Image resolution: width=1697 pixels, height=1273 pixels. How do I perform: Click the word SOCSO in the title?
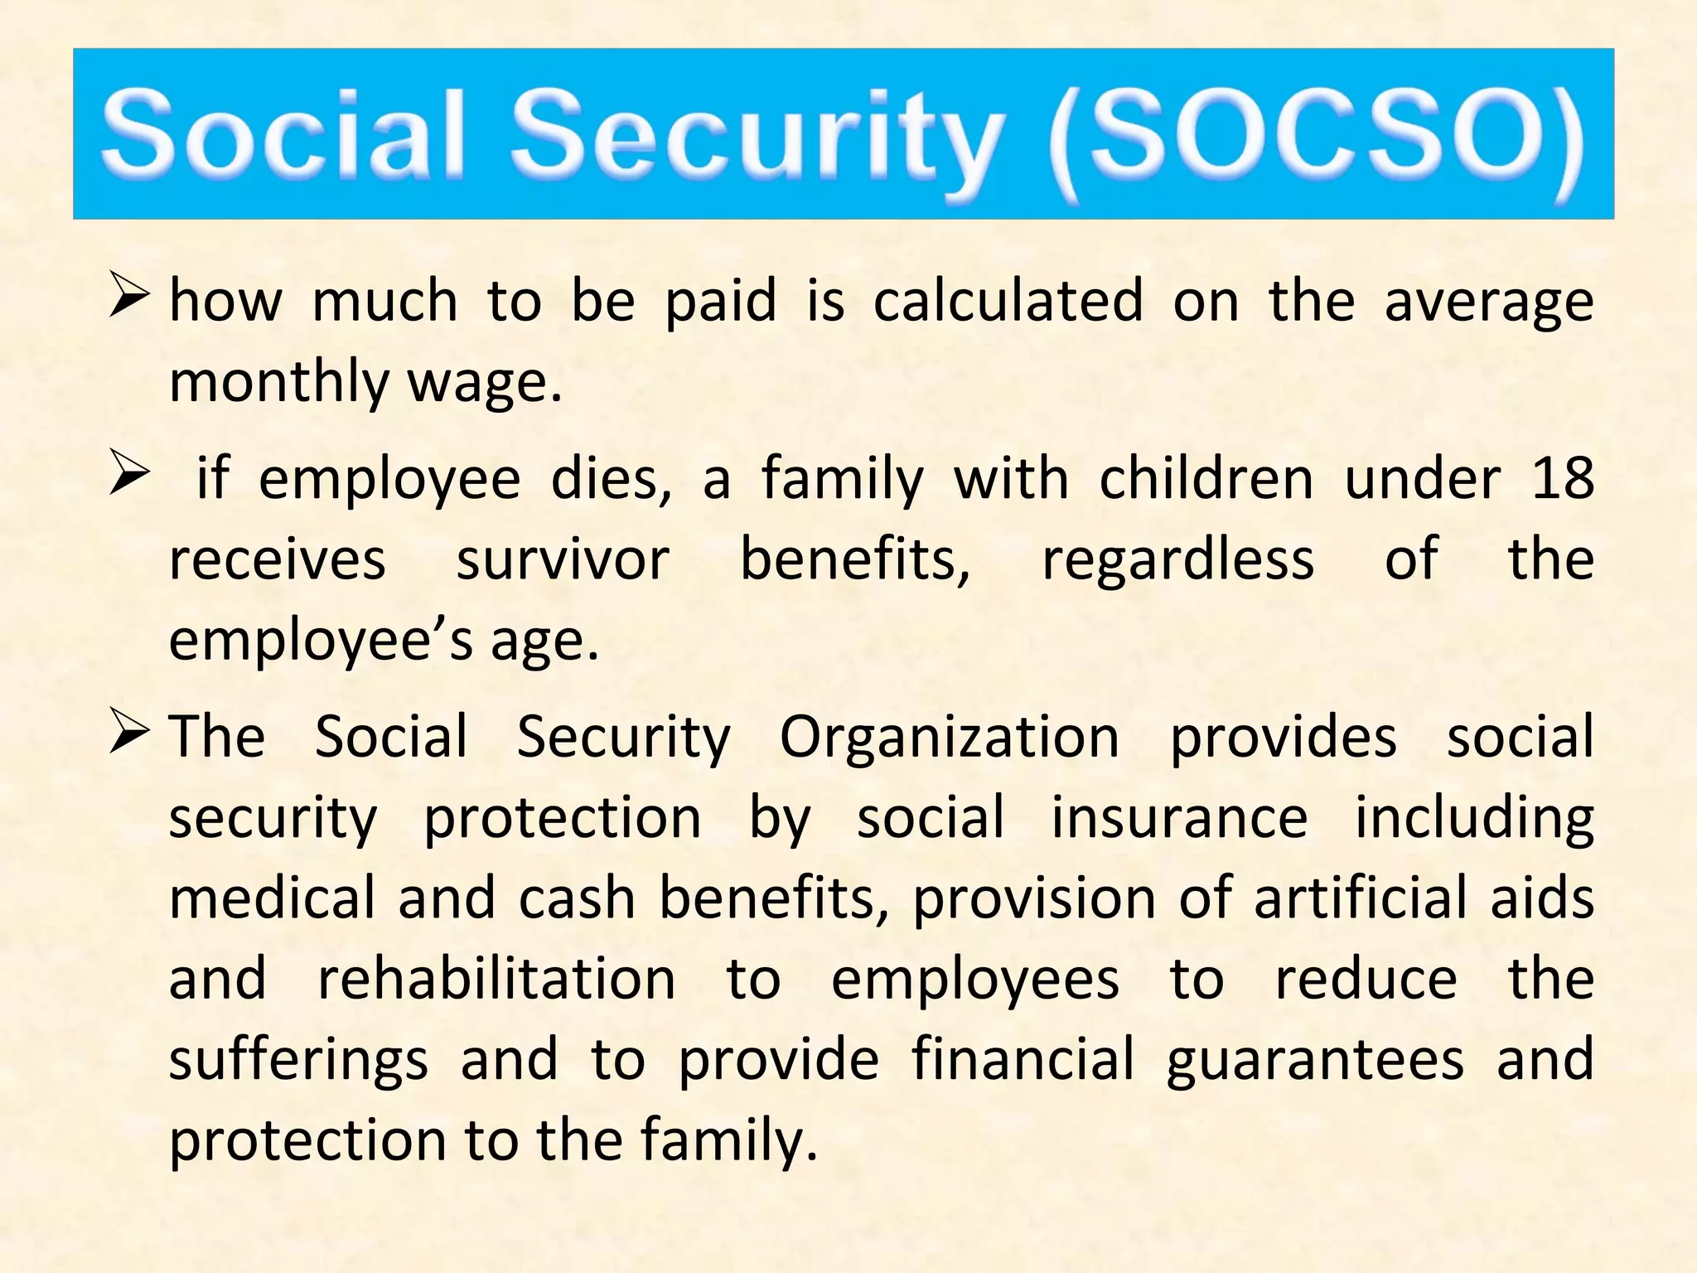1317,137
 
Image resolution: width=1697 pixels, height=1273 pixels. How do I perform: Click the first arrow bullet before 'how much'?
129,298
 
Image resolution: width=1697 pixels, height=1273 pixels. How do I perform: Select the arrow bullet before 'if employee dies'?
129,477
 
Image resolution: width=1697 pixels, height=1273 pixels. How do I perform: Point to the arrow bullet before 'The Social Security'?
129,734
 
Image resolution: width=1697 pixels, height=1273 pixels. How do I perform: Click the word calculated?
1008,300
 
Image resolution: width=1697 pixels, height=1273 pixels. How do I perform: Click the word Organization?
950,737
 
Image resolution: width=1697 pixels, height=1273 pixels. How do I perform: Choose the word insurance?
1179,817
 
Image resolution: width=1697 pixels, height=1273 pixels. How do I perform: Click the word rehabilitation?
497,979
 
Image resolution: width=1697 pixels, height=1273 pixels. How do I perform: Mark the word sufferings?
298,1061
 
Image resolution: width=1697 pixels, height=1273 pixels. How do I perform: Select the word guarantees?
1315,1061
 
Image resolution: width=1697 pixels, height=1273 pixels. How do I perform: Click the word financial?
1023,1059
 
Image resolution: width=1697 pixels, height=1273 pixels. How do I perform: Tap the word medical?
273,898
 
